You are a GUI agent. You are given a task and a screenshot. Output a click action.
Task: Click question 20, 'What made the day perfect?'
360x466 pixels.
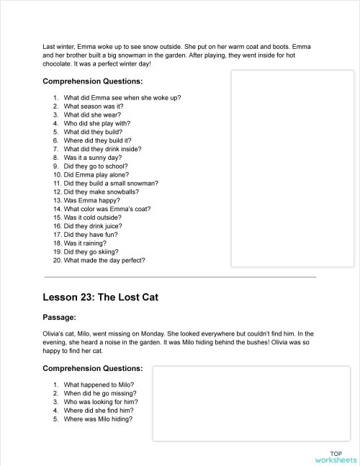[104, 261]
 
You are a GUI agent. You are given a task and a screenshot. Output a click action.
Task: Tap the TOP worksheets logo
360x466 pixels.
[336, 456]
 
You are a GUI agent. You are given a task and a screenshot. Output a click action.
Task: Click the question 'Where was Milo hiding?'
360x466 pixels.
[98, 419]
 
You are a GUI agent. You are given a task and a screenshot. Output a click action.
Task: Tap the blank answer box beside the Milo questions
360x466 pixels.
[251, 403]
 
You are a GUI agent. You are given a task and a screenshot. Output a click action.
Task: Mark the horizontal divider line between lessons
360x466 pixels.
[180, 277]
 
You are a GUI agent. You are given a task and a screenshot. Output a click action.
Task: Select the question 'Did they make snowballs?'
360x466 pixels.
[101, 192]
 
